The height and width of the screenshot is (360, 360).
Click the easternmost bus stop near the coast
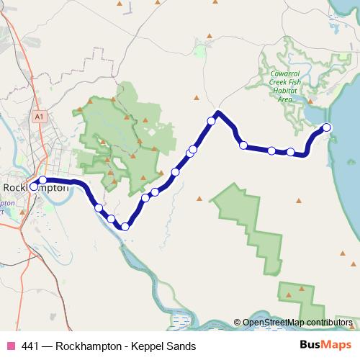[327, 127]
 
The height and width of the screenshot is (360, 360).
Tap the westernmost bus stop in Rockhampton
[34, 186]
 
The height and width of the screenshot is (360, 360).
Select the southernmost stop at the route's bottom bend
[125, 227]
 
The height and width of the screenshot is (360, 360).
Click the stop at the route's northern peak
[212, 121]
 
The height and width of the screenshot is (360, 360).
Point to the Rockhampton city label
[36, 188]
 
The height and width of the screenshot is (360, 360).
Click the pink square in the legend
[10, 346]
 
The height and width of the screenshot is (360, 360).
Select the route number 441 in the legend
[31, 346]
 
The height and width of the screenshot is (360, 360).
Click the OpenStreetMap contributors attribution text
[297, 323]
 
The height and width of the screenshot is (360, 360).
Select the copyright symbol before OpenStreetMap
[237, 323]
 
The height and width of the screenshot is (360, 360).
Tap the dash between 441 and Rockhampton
[48, 346]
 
